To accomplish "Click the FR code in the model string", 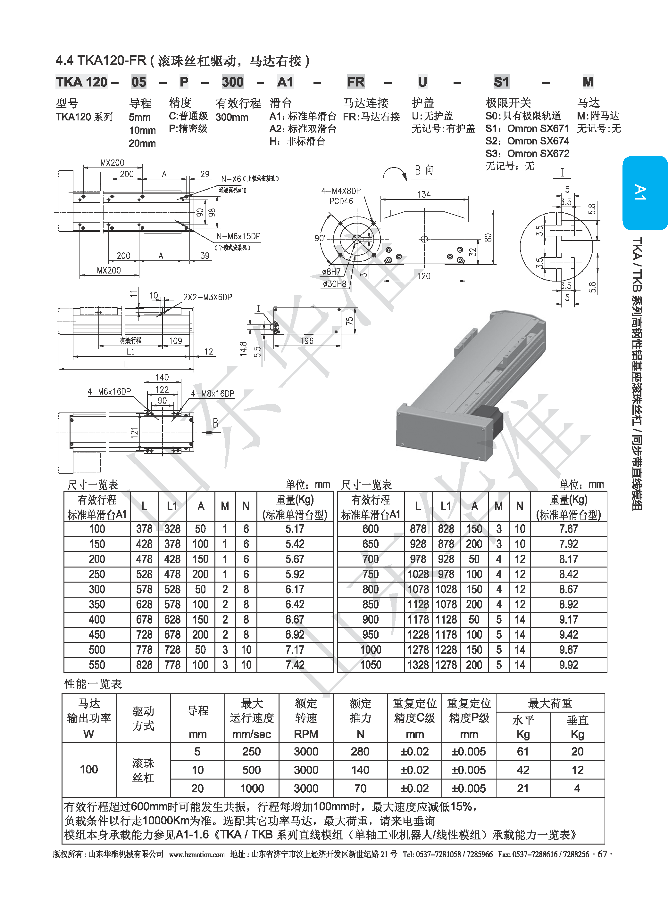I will click(x=355, y=82).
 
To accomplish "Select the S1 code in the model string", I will click(x=501, y=82).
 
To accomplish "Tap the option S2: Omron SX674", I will click(x=527, y=141).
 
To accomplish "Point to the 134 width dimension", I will click(x=423, y=194).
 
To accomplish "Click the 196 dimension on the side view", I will click(x=306, y=341).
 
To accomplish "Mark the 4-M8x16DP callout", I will click(x=212, y=394).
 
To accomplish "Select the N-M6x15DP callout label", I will click(x=238, y=236).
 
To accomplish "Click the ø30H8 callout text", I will click(x=334, y=284).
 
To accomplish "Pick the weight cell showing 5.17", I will click(x=295, y=529).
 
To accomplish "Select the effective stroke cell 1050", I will click(x=371, y=665).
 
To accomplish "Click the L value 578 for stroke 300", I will click(x=144, y=589).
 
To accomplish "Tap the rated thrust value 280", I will click(x=360, y=752).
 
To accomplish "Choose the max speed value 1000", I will click(x=252, y=788).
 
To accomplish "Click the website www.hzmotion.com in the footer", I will click(x=196, y=854).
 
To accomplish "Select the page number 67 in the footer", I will click(x=602, y=854).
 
